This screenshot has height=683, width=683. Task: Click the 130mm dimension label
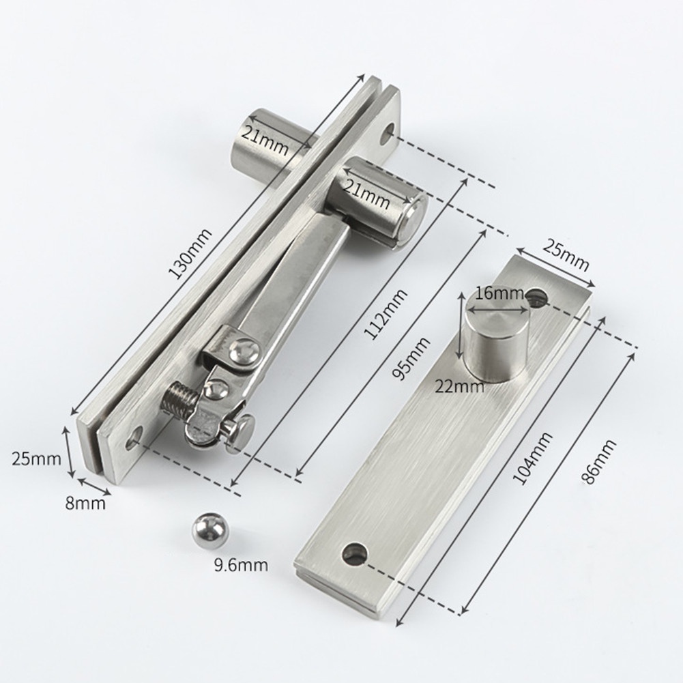(190, 253)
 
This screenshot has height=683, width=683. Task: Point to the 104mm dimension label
(533, 459)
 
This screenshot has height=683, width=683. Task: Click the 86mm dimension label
(599, 461)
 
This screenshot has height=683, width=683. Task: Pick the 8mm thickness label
(85, 504)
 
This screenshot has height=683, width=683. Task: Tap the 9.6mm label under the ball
(241, 566)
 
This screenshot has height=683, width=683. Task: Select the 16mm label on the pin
(499, 293)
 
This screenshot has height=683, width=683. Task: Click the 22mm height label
(460, 386)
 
